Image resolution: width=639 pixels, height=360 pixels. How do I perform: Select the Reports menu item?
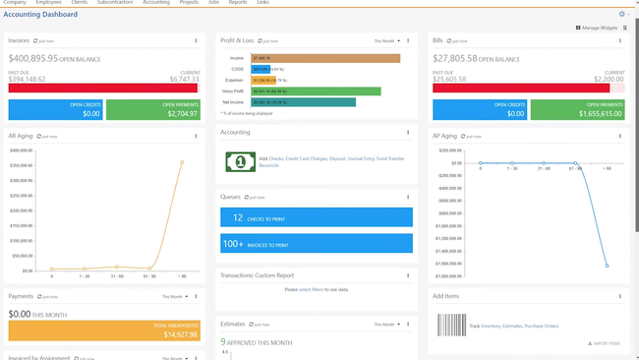pyautogui.click(x=238, y=3)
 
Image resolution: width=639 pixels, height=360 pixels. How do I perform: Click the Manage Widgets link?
pyautogui.click(x=599, y=29)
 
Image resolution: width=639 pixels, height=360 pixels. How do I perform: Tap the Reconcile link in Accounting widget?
pyautogui.click(x=270, y=165)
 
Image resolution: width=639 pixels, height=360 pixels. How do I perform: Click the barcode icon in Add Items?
pyautogui.click(x=452, y=324)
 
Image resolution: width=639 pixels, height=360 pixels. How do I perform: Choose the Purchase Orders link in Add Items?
pyautogui.click(x=542, y=325)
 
